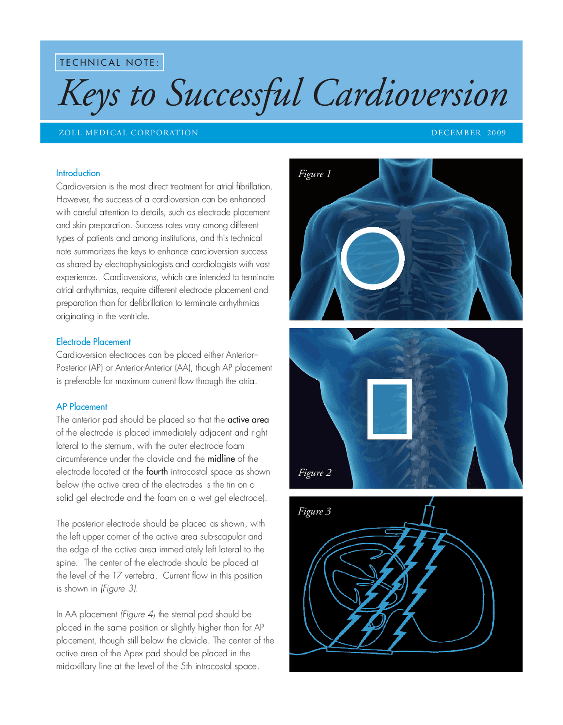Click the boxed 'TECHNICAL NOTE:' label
[x=109, y=63]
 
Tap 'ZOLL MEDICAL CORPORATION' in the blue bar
[x=128, y=133]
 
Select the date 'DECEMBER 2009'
[x=468, y=133]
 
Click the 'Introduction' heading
[x=78, y=173]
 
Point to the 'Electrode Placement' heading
[x=93, y=342]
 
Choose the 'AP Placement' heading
[x=81, y=407]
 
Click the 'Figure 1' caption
[x=314, y=174]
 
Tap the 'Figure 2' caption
[x=314, y=473]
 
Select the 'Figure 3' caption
[x=314, y=511]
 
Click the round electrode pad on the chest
[x=373, y=258]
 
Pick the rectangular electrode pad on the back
[x=390, y=409]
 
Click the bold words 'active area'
[x=248, y=420]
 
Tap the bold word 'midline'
[x=221, y=459]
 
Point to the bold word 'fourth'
[x=157, y=472]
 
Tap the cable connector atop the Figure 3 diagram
[x=428, y=514]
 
